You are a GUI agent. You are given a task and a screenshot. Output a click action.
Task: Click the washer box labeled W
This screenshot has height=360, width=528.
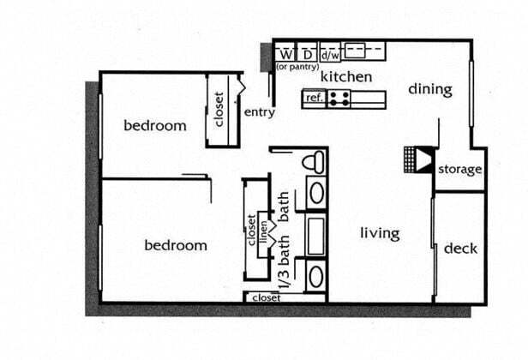tap(285, 53)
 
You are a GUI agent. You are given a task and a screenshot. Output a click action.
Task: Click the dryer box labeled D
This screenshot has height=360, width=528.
tap(307, 53)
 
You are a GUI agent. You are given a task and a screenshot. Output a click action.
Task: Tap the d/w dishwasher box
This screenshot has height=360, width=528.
tap(329, 54)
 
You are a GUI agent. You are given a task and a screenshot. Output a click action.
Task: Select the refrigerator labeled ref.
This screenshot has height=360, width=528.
tap(314, 99)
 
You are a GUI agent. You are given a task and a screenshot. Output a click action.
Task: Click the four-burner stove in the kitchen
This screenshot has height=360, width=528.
tap(339, 99)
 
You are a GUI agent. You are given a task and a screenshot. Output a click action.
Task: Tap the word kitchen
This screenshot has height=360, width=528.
tap(346, 77)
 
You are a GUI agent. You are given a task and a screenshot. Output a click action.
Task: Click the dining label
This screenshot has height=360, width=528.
tap(429, 89)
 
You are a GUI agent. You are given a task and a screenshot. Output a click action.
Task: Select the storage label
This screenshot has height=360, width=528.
tap(459, 170)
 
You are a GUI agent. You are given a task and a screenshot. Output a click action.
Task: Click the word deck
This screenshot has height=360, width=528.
tap(460, 249)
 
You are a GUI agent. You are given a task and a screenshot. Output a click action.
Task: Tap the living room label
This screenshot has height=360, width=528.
tap(379, 233)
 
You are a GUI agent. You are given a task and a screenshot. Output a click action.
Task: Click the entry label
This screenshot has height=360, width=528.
tap(260, 112)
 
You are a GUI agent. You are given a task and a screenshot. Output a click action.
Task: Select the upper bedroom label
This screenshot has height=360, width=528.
tap(155, 126)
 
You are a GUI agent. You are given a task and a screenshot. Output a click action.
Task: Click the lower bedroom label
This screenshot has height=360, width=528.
tap(175, 245)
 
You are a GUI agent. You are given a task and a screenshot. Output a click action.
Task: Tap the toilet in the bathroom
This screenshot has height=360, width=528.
tap(315, 161)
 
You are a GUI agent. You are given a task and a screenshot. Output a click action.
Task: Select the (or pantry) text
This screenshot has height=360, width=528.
tap(297, 66)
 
